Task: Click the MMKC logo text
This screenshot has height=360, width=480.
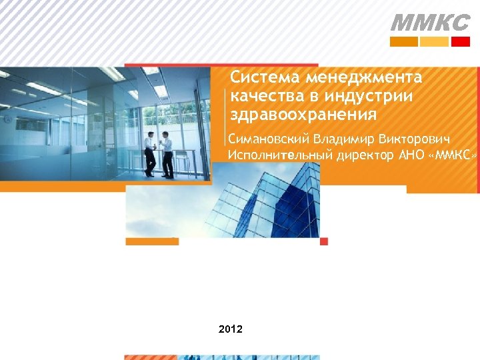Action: coord(429,23)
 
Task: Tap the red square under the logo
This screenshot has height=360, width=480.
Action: coord(460,41)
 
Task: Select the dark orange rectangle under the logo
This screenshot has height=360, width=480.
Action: coord(403,41)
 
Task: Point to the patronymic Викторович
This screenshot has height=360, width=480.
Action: coord(414,141)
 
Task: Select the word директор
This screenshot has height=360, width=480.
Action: coord(364,156)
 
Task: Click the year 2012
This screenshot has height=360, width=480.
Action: coord(231,329)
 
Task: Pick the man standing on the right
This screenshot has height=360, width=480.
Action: coord(166,154)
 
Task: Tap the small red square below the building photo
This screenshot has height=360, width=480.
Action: coord(324,241)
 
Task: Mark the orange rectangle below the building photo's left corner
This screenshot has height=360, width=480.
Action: coord(152,241)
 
